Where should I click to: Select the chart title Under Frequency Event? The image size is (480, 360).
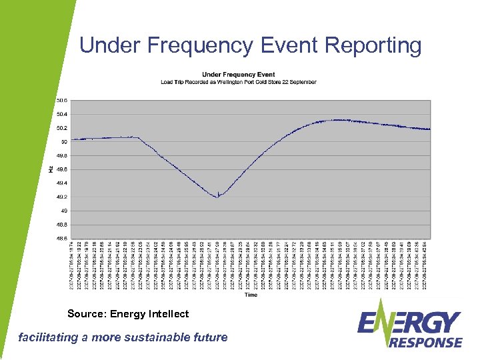click(x=238, y=74)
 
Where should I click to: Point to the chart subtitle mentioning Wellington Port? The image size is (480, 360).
click(x=238, y=82)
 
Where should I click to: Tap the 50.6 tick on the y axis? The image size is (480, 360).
click(x=61, y=101)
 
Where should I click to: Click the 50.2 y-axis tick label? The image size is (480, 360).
click(x=61, y=128)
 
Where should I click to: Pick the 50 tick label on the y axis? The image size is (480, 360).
click(x=63, y=141)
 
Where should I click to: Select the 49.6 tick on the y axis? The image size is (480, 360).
click(x=61, y=169)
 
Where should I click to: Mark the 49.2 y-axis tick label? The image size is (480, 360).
click(x=61, y=197)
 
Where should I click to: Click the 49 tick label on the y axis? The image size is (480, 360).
click(x=63, y=211)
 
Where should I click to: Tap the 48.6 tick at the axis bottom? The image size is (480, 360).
click(x=61, y=238)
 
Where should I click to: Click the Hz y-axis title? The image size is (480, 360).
click(x=51, y=169)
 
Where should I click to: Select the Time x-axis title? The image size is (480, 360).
click(x=251, y=294)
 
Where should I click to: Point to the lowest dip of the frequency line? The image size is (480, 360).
click(x=218, y=197)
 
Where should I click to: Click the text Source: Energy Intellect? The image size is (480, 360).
click(x=128, y=313)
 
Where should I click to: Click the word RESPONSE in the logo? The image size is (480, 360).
click(x=425, y=342)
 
